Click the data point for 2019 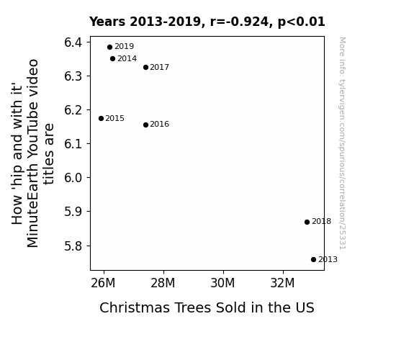pyautogui.click(x=110, y=48)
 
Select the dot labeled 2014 pyautogui.click(x=113, y=58)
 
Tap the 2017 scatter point pyautogui.click(x=145, y=68)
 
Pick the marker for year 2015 pyautogui.click(x=101, y=118)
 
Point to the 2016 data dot pyautogui.click(x=145, y=125)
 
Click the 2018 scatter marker pyautogui.click(x=307, y=222)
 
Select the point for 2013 pyautogui.click(x=313, y=260)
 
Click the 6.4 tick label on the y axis pyautogui.click(x=73, y=42)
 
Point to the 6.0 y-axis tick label pyautogui.click(x=73, y=178)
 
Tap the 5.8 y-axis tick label pyautogui.click(x=73, y=246)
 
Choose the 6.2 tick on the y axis pyautogui.click(x=73, y=110)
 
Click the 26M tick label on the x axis pyautogui.click(x=103, y=283)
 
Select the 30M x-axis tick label pyautogui.click(x=222, y=283)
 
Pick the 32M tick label pyautogui.click(x=282, y=283)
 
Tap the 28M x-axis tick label pyautogui.click(x=163, y=283)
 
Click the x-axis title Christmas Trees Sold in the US pyautogui.click(x=207, y=307)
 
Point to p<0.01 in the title pyautogui.click(x=301, y=22)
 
